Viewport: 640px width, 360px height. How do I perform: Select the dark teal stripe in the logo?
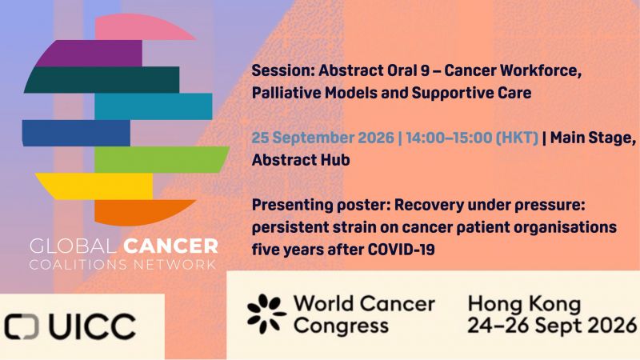coord(102,79)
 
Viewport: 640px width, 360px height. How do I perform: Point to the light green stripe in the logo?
coord(162,159)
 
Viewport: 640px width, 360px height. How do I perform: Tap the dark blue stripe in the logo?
coord(76,133)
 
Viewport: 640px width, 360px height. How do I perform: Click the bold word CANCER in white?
coord(170,246)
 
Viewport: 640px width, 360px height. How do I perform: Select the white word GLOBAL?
coord(74,246)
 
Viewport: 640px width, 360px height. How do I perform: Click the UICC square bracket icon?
coord(22,326)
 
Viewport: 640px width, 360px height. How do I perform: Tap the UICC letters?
coord(92,326)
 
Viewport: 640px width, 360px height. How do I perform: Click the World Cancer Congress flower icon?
coord(266,314)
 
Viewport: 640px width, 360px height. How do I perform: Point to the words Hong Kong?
coord(525,304)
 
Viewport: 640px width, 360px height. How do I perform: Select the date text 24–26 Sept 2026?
coord(552,326)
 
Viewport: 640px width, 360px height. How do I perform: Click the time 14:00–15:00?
coord(449,138)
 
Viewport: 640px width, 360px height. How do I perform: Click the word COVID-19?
coord(402,250)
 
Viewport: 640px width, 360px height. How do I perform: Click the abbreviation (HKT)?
coord(517,138)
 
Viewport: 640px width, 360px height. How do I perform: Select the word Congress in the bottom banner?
coord(342,326)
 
